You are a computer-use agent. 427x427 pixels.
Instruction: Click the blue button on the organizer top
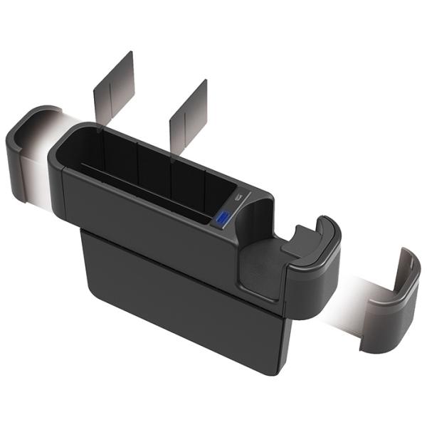click(x=223, y=218)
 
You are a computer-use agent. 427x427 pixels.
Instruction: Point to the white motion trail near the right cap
click(x=349, y=299)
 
